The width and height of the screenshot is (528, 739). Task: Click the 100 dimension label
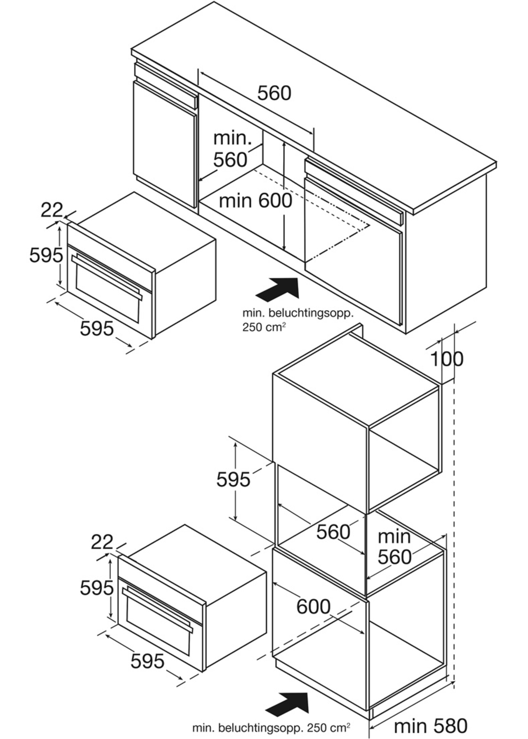coord(447,359)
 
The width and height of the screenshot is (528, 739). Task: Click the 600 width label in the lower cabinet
coord(314,606)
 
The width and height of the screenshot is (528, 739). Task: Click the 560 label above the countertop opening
coord(274,93)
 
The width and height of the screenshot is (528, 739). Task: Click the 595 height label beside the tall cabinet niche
coord(233,479)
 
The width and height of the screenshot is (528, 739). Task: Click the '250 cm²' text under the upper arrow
coord(264,327)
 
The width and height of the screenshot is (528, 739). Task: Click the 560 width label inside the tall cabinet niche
coord(333,532)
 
